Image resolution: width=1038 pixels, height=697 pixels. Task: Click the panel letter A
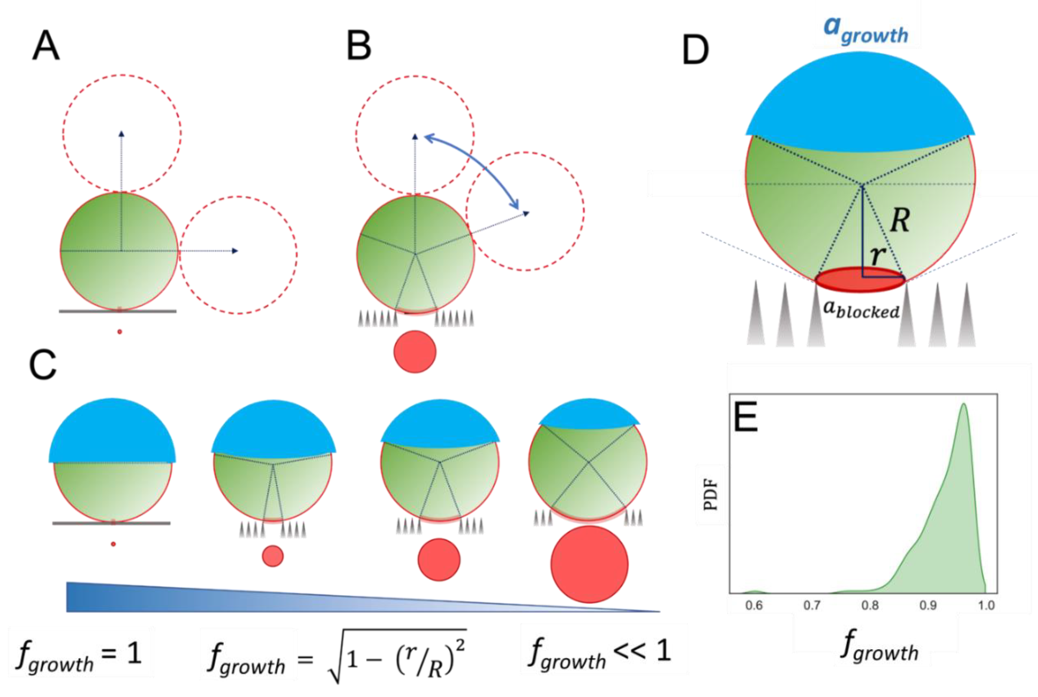point(46,45)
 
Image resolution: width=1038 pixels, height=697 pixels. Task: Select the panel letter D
point(695,50)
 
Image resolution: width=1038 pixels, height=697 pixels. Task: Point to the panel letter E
point(745,416)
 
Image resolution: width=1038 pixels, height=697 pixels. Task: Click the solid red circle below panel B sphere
point(415,352)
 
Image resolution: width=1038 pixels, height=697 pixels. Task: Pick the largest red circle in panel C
point(589,564)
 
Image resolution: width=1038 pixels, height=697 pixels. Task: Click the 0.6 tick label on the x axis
point(754,605)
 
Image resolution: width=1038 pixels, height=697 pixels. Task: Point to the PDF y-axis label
point(710,494)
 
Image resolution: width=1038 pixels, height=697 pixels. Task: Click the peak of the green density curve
point(963,404)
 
